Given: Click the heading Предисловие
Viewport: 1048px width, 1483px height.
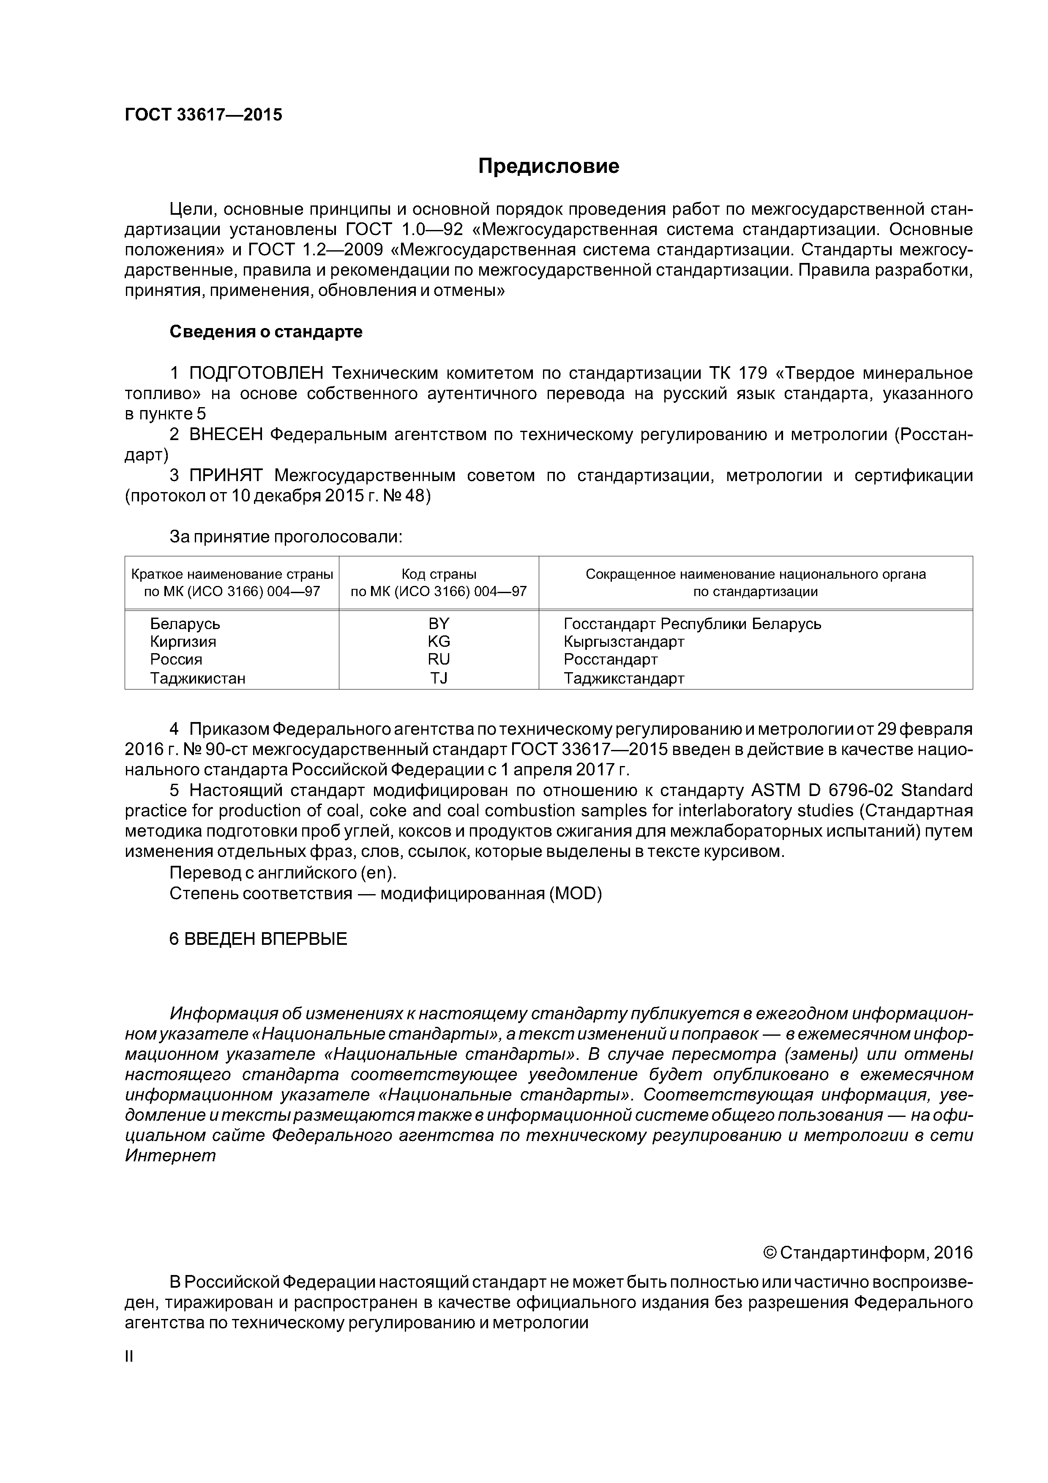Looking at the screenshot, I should coord(548,167).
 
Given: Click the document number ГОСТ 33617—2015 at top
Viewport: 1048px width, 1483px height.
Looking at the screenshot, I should coord(203,115).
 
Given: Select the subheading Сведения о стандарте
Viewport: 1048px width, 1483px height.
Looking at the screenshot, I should coord(266,332).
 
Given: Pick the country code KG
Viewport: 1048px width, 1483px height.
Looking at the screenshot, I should coord(439,641).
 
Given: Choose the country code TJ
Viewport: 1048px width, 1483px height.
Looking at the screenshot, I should coord(439,678).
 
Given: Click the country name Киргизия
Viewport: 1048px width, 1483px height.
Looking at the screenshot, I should coord(183,641).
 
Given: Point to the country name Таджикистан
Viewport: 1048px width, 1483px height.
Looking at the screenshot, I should coord(198,678).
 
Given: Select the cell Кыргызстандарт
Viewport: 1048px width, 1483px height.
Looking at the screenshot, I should coord(624,641).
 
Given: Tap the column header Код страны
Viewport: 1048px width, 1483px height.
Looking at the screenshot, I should coord(439,574).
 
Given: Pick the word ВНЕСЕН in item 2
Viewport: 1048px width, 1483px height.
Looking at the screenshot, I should coord(226,435).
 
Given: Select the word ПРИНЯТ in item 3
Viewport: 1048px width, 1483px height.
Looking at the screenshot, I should coord(226,476).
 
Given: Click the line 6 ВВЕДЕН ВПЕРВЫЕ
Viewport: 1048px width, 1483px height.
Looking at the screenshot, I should coord(258,939).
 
